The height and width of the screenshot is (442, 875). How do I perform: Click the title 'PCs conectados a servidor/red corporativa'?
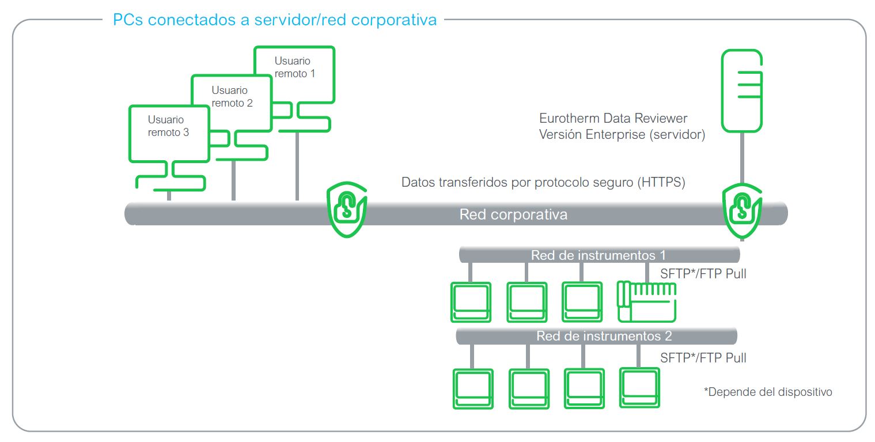pyautogui.click(x=275, y=20)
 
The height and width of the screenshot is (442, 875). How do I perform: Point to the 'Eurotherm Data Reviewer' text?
pyautogui.click(x=613, y=118)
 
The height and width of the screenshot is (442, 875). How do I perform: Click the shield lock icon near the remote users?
pyautogui.click(x=347, y=209)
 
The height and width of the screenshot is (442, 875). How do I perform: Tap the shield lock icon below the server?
pyautogui.click(x=742, y=211)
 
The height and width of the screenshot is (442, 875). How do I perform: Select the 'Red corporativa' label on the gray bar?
pyautogui.click(x=513, y=214)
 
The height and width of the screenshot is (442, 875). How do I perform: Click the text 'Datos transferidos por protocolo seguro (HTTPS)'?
pyautogui.click(x=543, y=182)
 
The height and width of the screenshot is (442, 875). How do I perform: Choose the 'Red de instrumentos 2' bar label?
pyautogui.click(x=604, y=336)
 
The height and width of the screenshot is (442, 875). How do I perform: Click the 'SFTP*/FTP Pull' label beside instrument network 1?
pyautogui.click(x=703, y=274)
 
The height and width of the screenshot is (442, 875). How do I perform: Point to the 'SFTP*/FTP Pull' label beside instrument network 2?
pyautogui.click(x=703, y=358)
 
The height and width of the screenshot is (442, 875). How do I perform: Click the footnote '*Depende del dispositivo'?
pyautogui.click(x=768, y=392)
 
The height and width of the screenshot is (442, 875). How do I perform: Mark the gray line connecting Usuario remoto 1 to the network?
pyautogui.click(x=297, y=167)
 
